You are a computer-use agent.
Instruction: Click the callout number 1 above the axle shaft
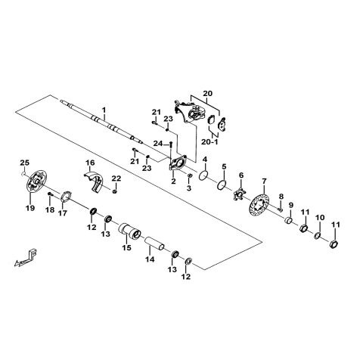(x=104, y=110)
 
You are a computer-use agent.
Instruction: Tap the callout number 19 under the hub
(x=30, y=208)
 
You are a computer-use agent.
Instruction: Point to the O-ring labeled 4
(x=203, y=175)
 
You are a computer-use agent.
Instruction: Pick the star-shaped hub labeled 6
(x=239, y=194)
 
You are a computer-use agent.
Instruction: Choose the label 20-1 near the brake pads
(x=209, y=141)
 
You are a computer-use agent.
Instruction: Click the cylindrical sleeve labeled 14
(x=154, y=243)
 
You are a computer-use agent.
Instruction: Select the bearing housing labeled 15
(x=129, y=231)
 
